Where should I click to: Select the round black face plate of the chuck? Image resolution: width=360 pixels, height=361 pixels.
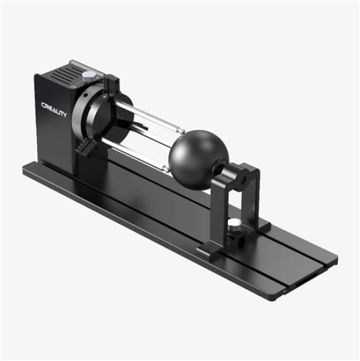pos(105,118)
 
